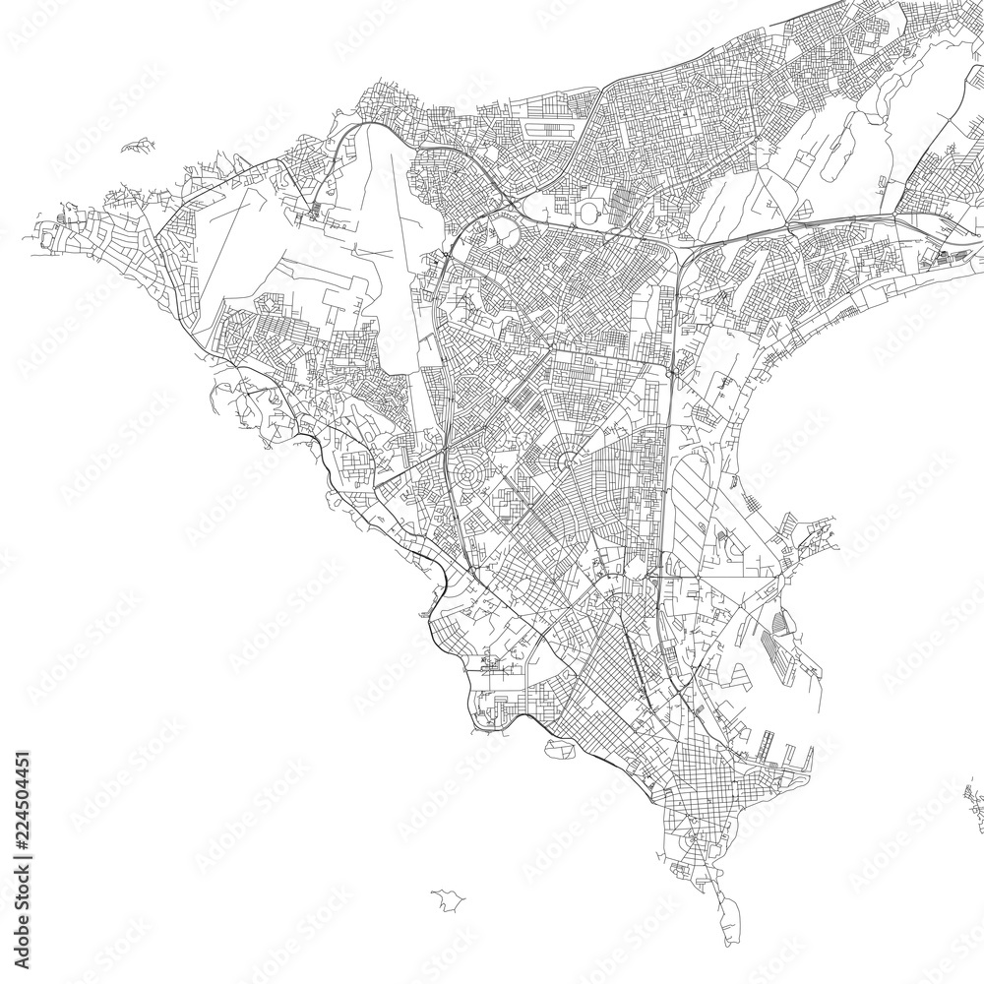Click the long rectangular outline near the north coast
[x=547, y=129]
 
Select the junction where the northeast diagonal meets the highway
[x=893, y=210]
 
